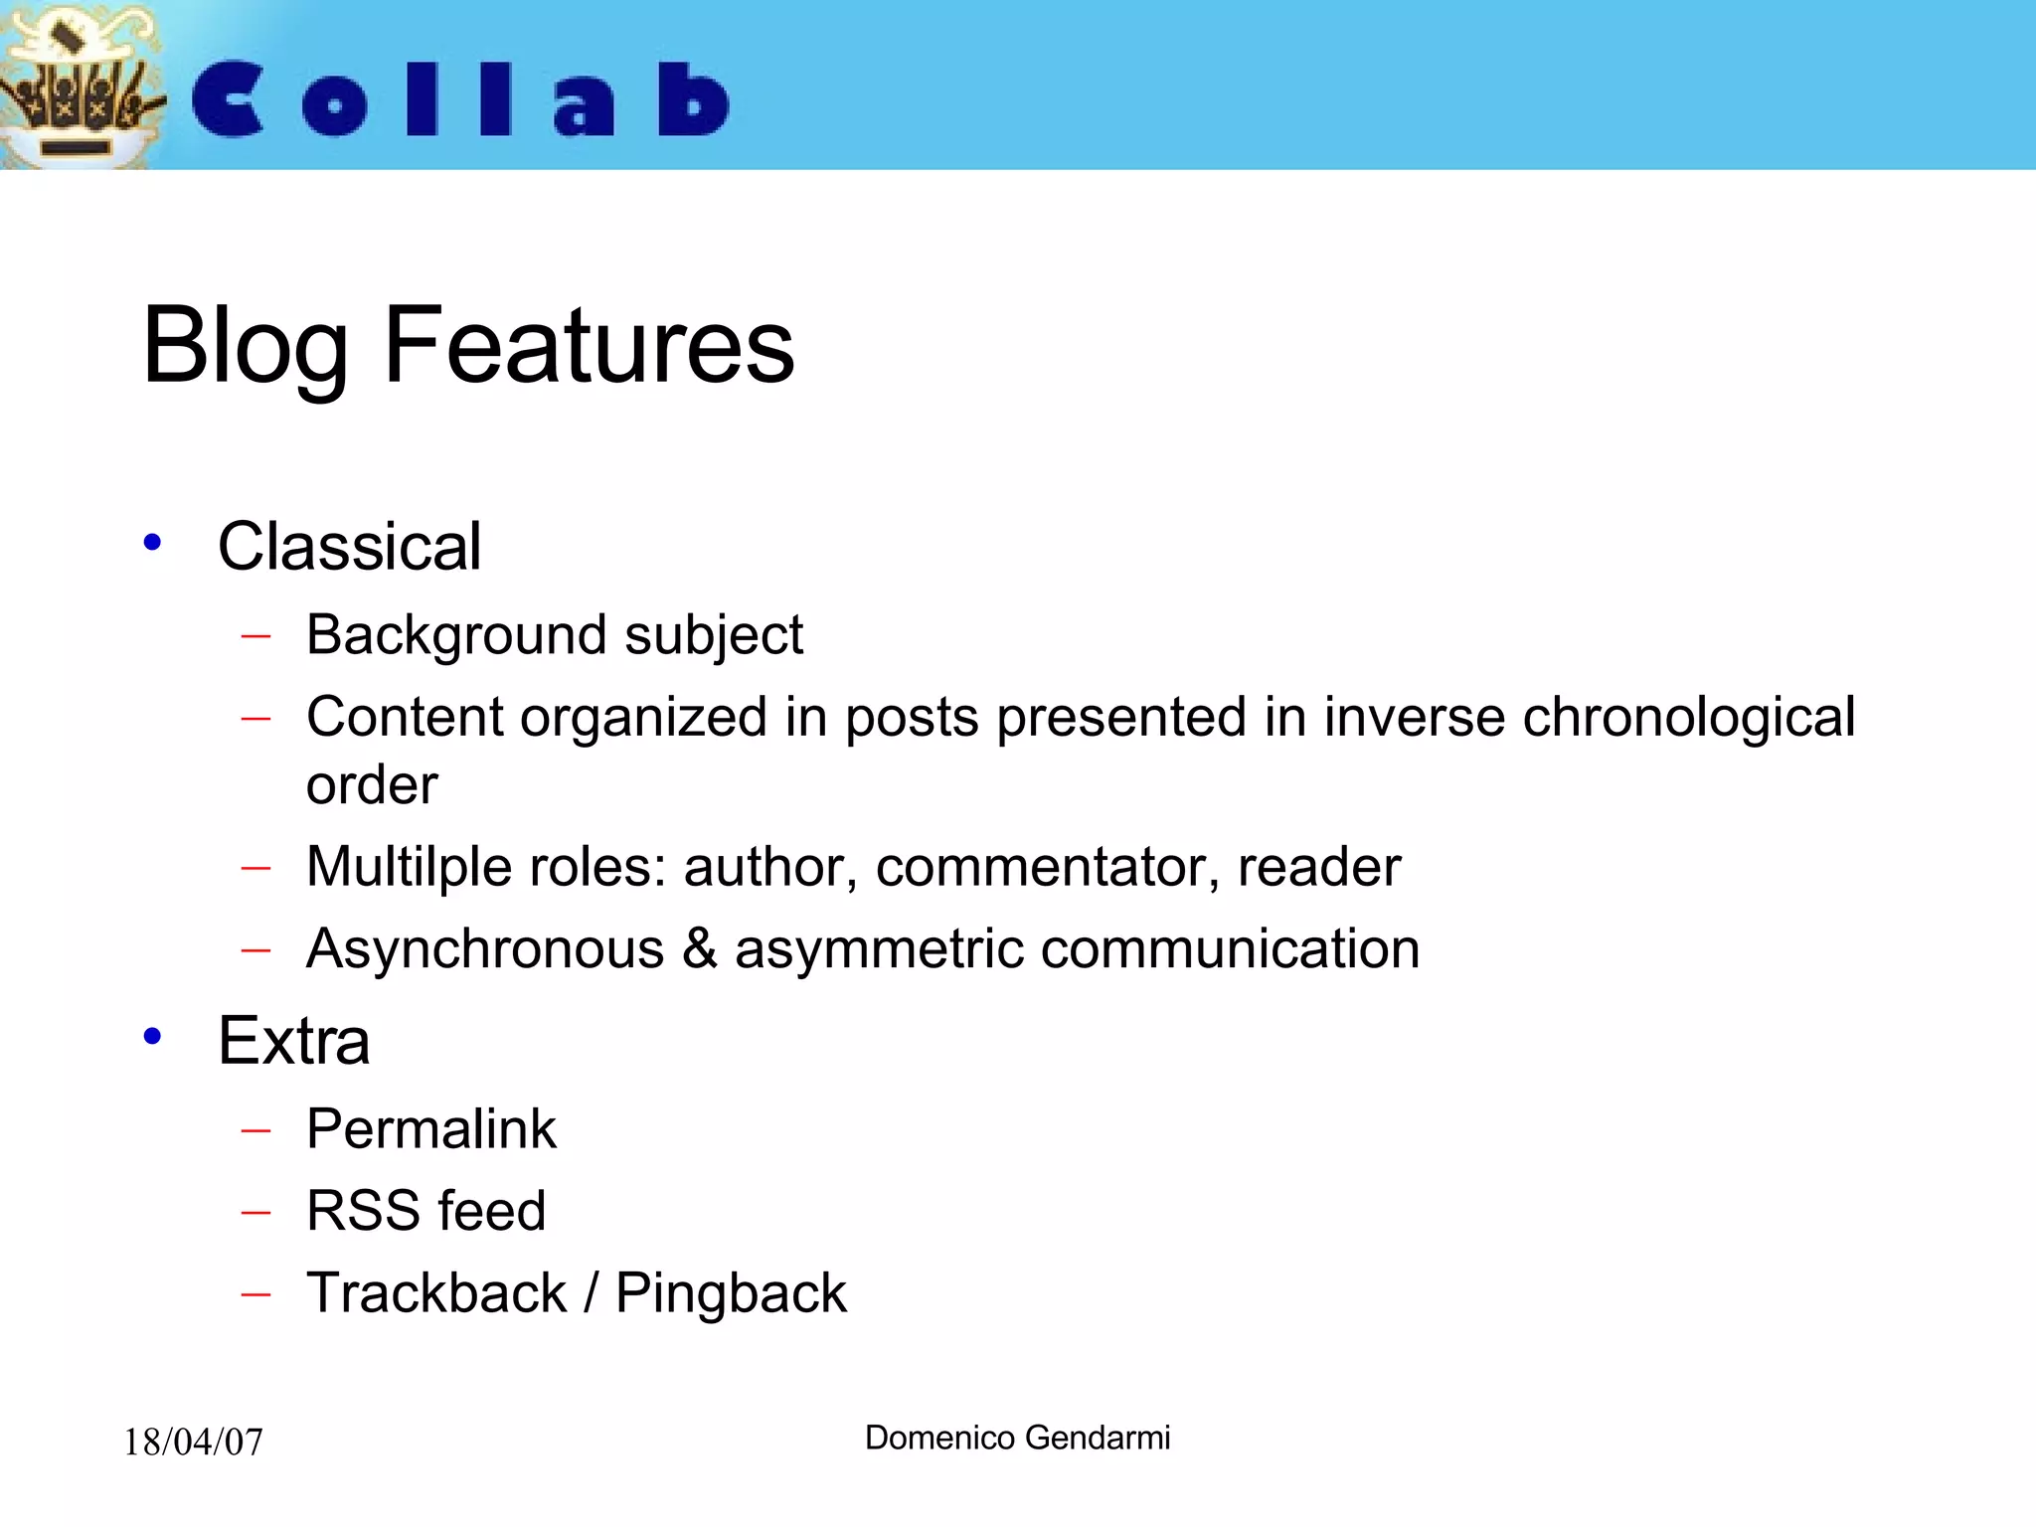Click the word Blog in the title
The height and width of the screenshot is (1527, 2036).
[x=245, y=347]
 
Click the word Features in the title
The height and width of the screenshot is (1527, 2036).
[x=589, y=345]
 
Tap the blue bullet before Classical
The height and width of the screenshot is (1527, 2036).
[x=152, y=543]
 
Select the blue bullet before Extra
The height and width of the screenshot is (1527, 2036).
[x=152, y=1037]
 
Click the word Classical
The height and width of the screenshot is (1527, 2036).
[x=349, y=547]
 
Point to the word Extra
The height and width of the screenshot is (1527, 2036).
[x=293, y=1041]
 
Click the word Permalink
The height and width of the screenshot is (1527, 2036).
[x=430, y=1129]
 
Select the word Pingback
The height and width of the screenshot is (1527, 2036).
[x=731, y=1294]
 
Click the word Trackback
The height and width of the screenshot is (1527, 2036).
[x=435, y=1292]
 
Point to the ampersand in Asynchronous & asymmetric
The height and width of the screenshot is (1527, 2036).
[x=699, y=948]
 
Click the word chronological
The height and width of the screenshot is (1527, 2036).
[x=1688, y=718]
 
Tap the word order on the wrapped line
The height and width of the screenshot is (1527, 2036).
[x=371, y=785]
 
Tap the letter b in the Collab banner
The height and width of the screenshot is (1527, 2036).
[x=692, y=99]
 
